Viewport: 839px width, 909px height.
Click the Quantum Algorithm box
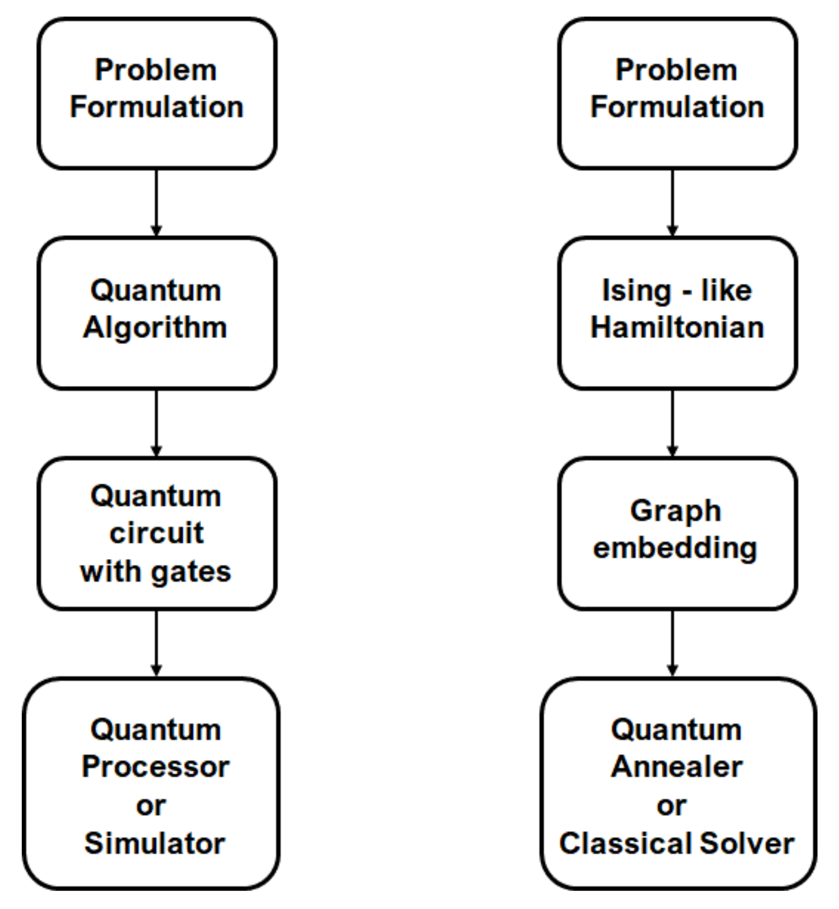(x=157, y=313)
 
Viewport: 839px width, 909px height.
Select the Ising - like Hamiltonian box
(x=677, y=313)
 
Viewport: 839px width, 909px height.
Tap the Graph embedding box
(x=677, y=533)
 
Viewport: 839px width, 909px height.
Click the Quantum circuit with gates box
(x=157, y=533)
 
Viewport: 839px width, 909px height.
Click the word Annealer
(x=677, y=767)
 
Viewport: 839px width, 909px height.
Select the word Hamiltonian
(x=677, y=327)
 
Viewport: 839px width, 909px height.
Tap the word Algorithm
(x=155, y=328)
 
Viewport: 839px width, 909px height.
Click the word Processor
(x=156, y=767)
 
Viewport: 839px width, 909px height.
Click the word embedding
(x=675, y=548)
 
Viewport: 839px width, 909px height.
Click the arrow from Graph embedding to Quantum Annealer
(x=672, y=643)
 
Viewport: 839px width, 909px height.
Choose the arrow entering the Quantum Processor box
(x=156, y=643)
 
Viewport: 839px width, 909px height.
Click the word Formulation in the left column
(x=156, y=107)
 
